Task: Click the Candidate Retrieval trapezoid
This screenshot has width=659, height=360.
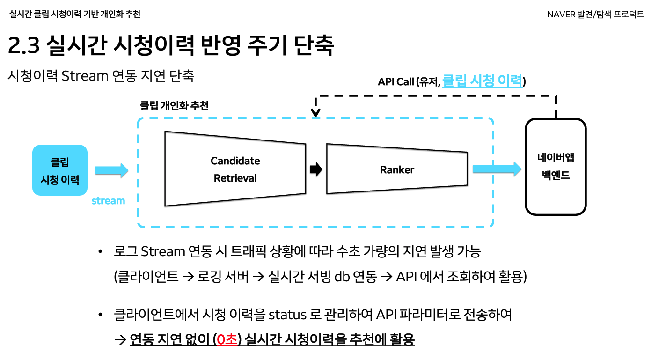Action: [235, 169]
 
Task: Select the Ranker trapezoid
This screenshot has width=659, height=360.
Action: [397, 169]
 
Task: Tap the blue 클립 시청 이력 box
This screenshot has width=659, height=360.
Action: [60, 170]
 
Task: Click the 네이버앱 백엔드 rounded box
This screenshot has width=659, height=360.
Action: [556, 167]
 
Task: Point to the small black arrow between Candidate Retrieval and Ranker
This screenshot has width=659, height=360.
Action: [316, 169]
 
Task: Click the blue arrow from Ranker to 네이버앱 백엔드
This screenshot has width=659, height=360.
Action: [497, 169]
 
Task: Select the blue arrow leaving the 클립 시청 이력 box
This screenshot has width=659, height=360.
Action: [111, 170]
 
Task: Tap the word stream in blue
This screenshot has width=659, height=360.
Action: [108, 201]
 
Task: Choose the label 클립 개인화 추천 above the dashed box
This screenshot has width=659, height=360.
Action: [175, 105]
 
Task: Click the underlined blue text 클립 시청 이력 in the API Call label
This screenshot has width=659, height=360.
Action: [482, 81]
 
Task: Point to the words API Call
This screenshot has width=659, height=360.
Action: [396, 82]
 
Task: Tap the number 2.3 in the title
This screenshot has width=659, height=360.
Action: [26, 45]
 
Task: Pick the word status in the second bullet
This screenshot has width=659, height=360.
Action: [287, 315]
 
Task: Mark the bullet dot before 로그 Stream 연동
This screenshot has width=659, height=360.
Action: [100, 252]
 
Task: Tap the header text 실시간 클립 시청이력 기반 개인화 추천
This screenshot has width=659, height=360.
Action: [74, 14]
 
